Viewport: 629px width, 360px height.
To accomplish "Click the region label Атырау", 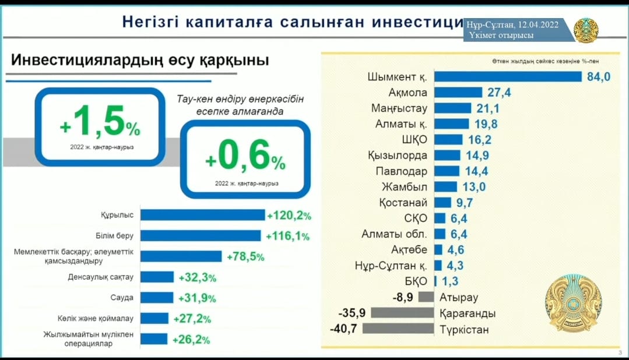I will (459, 298).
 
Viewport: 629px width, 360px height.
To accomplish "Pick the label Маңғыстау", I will (399, 108).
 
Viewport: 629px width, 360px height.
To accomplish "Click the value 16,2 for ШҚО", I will (479, 140).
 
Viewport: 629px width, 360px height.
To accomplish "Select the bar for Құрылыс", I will (203, 215).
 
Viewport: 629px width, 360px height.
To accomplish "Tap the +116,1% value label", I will (287, 236).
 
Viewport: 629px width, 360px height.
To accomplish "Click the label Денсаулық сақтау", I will (101, 276).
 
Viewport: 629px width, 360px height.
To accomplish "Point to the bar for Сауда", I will (157, 298).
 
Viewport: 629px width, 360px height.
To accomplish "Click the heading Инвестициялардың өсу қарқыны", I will (140, 61).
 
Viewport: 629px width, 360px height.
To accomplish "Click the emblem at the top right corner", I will (586, 30).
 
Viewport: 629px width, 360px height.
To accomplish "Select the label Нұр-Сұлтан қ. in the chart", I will (391, 266).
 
